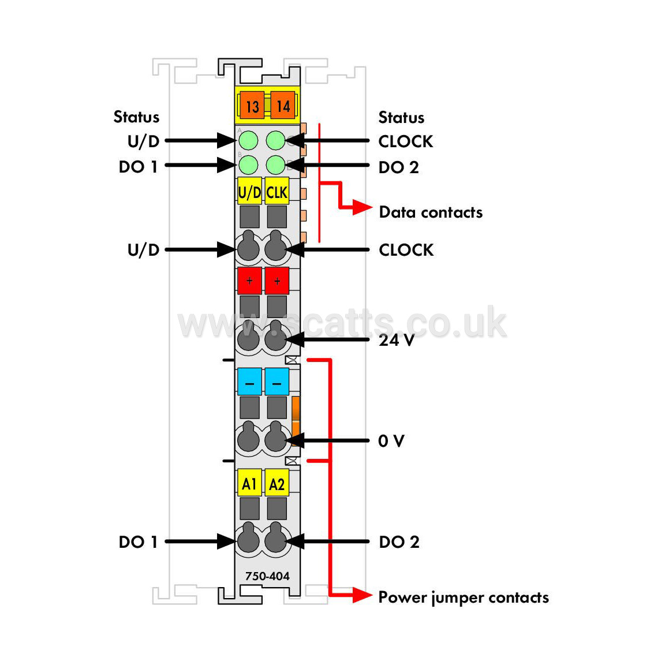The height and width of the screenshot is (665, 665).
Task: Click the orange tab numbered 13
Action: tap(252, 105)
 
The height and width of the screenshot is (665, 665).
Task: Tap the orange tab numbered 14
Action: tap(283, 105)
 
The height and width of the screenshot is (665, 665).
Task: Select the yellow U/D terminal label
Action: tap(249, 192)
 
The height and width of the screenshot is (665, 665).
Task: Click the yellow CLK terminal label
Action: tap(277, 192)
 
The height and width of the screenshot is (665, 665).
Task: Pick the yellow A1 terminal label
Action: tap(249, 483)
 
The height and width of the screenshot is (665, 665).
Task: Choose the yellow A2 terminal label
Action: tap(277, 483)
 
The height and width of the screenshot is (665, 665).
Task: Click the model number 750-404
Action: tap(267, 576)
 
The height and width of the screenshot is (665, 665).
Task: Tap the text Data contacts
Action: tap(431, 212)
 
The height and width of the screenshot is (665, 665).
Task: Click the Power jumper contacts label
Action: tap(464, 597)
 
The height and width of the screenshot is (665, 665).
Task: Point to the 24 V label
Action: tap(397, 339)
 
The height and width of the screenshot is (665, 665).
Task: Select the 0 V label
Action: tap(391, 441)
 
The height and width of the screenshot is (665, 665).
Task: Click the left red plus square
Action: tap(249, 281)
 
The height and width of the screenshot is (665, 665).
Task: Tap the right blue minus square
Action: tap(277, 382)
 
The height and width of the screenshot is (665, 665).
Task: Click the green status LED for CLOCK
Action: tap(276, 140)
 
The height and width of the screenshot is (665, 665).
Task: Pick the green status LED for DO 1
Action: tap(248, 165)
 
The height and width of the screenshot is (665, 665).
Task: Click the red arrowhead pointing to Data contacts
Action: tap(363, 208)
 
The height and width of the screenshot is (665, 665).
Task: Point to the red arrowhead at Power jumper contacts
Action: tap(363, 595)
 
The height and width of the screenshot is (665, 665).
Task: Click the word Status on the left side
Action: tap(137, 117)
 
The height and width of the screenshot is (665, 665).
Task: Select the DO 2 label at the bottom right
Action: tap(399, 542)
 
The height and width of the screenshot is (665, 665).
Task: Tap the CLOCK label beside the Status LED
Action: tap(406, 141)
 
